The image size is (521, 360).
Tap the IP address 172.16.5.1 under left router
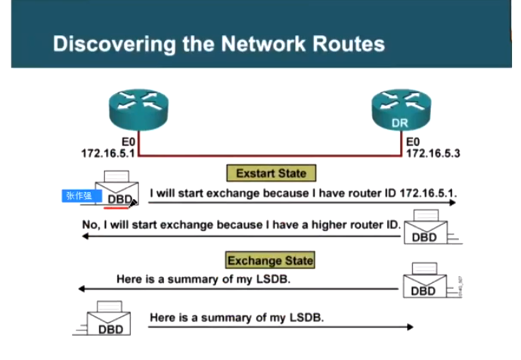coord(107,153)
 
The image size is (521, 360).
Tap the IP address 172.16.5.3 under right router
coord(433,153)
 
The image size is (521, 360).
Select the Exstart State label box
coord(271,173)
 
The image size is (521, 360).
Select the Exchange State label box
coord(270,261)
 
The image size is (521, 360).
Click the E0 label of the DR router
coord(413,141)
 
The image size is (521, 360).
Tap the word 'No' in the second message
coord(89,225)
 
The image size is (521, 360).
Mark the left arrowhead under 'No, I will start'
coord(85,236)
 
